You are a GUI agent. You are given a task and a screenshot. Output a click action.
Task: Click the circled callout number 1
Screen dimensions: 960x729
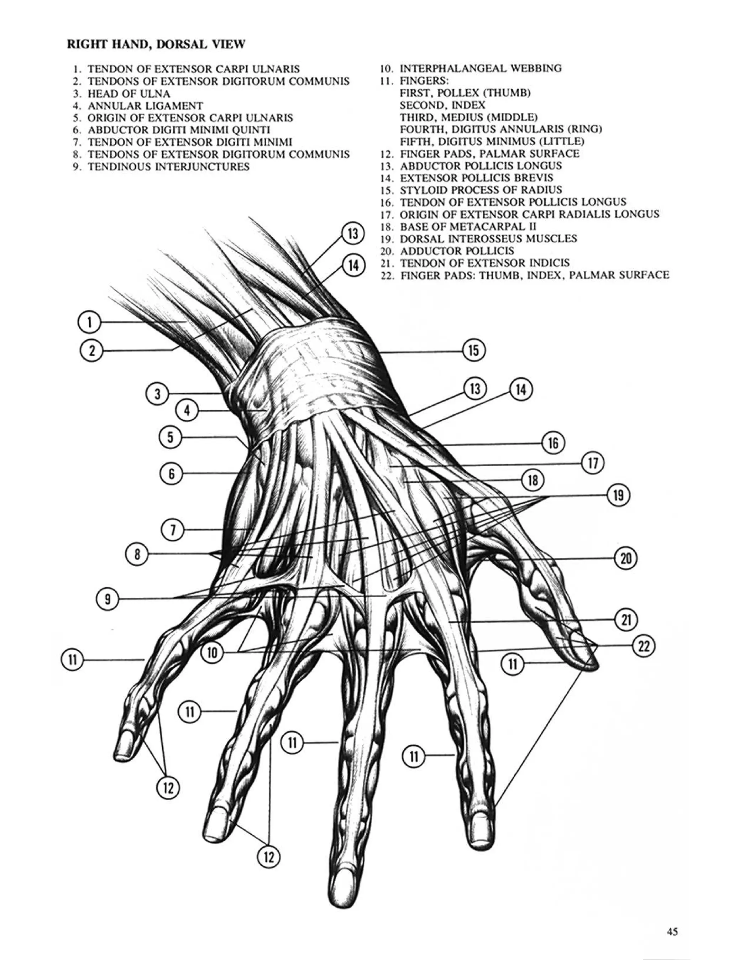(89, 322)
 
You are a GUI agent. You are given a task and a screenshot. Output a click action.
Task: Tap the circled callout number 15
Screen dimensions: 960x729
(473, 351)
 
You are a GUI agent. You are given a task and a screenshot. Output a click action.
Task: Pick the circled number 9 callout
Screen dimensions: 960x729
(107, 599)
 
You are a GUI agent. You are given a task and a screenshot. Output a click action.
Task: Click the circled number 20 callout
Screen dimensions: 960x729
(626, 558)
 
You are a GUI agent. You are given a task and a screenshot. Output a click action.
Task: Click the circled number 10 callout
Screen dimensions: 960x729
(212, 652)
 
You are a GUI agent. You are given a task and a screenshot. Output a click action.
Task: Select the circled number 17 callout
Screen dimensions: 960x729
(593, 463)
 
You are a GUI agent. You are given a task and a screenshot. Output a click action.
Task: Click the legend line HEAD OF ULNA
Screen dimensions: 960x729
(129, 94)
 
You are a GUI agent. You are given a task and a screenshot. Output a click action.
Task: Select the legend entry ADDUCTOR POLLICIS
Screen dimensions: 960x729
(456, 251)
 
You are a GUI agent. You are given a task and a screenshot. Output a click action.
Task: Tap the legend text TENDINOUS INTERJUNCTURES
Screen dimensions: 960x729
(168, 167)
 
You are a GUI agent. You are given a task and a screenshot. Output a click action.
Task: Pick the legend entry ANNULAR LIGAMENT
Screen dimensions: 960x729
(145, 106)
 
